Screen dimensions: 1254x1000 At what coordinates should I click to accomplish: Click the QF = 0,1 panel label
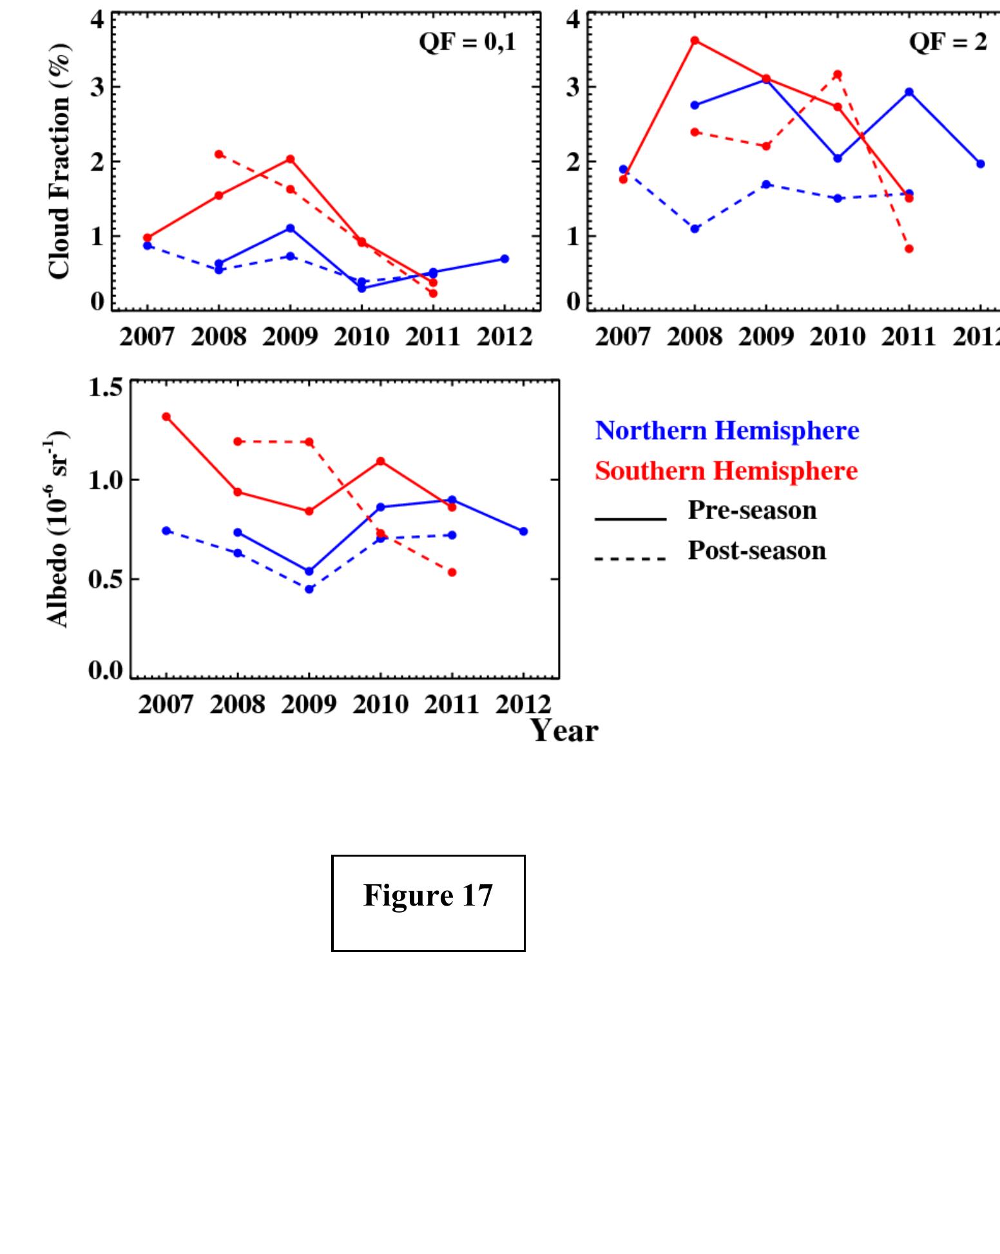point(467,43)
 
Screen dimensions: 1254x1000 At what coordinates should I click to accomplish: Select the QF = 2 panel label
point(947,43)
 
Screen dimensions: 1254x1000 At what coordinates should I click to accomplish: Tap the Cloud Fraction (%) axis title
point(59,161)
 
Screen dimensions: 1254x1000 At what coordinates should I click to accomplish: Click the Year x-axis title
point(564,731)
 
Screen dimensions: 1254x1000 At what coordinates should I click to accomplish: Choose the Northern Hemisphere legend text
point(727,430)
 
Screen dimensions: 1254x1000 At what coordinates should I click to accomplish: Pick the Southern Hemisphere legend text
point(726,471)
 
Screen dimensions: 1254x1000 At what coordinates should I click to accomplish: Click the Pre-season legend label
point(752,510)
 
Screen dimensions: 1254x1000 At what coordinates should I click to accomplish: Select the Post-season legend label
point(756,551)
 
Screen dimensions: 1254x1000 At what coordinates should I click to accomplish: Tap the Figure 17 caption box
point(428,902)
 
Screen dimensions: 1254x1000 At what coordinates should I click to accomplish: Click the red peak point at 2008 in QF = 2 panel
point(695,41)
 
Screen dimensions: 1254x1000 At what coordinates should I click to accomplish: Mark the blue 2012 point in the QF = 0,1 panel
point(505,259)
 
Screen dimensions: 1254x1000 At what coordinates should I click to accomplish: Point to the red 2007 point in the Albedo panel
point(166,417)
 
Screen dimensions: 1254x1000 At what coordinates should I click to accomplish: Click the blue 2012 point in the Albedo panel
point(523,531)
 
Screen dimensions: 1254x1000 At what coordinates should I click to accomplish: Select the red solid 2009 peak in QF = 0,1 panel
point(290,159)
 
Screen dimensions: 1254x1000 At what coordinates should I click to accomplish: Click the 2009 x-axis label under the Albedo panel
point(309,705)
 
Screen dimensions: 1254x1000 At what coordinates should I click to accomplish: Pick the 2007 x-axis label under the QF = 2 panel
point(622,337)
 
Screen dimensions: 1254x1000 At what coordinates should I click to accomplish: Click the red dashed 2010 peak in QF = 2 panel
point(837,75)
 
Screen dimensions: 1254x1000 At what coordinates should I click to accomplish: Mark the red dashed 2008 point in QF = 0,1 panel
point(219,154)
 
